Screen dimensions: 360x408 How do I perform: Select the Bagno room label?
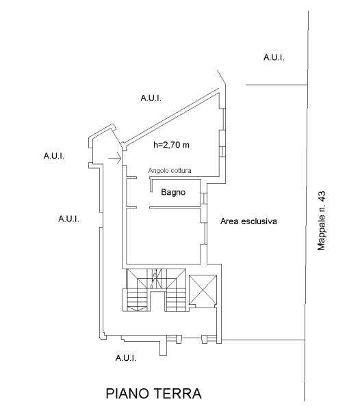click(x=173, y=193)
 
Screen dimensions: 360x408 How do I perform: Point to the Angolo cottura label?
click(x=170, y=171)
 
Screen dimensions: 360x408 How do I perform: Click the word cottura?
click(x=179, y=171)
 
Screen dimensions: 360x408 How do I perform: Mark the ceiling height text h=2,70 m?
click(x=171, y=145)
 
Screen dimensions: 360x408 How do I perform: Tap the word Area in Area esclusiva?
click(x=229, y=221)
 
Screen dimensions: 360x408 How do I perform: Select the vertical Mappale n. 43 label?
click(x=322, y=221)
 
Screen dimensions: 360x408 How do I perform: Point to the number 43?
click(x=322, y=196)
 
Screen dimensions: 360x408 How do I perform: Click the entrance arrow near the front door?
click(x=114, y=158)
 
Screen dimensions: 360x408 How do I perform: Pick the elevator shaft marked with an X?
click(x=203, y=289)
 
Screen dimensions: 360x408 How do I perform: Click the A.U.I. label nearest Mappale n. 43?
click(x=274, y=57)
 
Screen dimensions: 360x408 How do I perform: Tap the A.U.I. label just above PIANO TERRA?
click(x=126, y=358)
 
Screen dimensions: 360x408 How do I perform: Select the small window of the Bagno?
click(x=203, y=198)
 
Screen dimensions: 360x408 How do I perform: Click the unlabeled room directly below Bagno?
click(x=164, y=236)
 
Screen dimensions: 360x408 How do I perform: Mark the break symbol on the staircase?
click(x=154, y=279)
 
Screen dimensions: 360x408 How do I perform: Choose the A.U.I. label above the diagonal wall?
click(x=151, y=98)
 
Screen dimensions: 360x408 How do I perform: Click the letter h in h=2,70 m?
click(x=155, y=145)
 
